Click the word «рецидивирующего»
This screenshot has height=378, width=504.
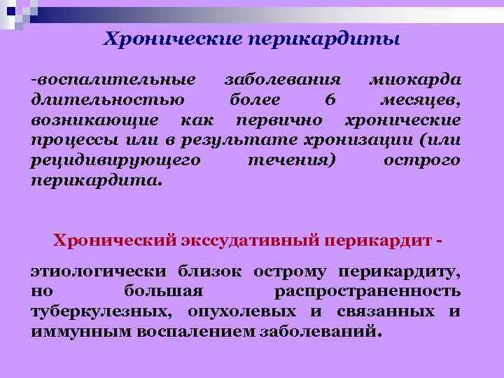pyautogui.click(x=116, y=161)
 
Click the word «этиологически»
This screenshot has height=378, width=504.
pyautogui.click(x=99, y=269)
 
